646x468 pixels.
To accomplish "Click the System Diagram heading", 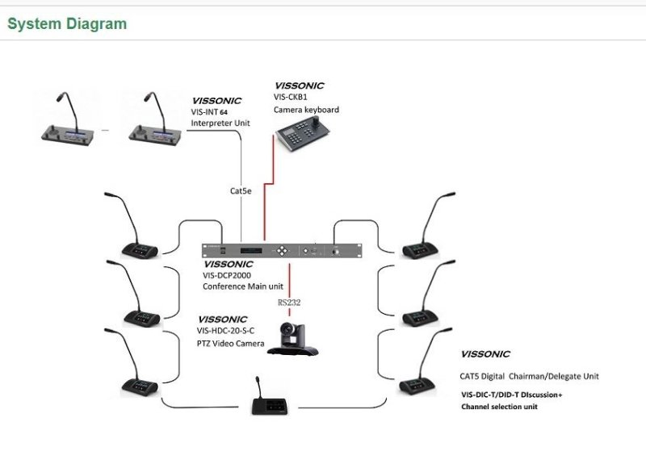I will click(x=67, y=23).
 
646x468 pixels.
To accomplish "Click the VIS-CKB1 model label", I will click(x=291, y=97).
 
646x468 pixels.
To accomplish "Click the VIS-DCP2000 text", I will click(x=228, y=275).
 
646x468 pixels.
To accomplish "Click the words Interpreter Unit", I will click(x=220, y=123).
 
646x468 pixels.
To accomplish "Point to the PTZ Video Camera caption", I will click(x=231, y=343).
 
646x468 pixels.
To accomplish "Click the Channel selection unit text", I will click(x=499, y=407).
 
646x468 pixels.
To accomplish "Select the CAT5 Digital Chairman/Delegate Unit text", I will click(x=530, y=376).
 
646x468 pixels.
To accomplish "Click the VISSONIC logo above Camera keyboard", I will click(x=299, y=86).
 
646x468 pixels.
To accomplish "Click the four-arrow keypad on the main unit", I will click(x=280, y=251).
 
